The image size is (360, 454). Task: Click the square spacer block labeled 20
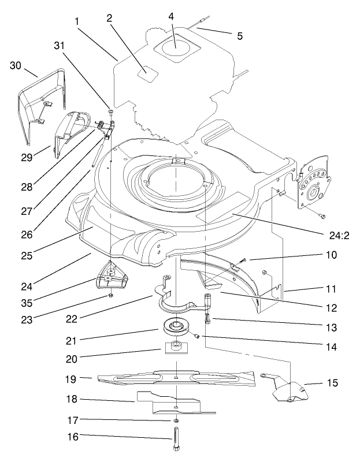tap(174, 348)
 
